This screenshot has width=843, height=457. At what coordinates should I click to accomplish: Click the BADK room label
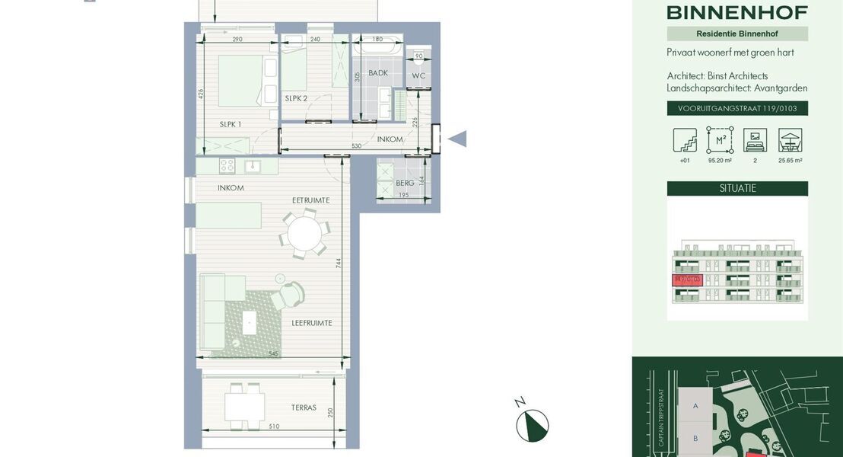[378, 73]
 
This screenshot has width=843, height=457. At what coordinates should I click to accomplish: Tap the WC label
[418, 76]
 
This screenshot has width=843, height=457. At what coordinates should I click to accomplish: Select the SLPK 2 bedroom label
[296, 98]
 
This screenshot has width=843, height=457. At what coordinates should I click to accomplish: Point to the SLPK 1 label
[231, 124]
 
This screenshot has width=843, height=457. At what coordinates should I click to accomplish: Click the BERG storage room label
[405, 183]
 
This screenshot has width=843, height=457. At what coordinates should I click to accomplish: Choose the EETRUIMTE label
[310, 200]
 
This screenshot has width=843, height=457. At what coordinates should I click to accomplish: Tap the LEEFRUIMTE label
[312, 323]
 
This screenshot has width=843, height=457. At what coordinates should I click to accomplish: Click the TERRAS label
[304, 407]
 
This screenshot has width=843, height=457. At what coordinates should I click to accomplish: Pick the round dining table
[304, 233]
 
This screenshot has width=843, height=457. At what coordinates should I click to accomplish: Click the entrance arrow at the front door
[456, 139]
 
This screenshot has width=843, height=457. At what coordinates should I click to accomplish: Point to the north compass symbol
[532, 424]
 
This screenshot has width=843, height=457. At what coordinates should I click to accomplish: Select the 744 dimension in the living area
[339, 263]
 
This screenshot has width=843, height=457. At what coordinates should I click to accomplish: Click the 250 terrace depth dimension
[330, 412]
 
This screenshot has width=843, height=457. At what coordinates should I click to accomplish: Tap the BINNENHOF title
[736, 12]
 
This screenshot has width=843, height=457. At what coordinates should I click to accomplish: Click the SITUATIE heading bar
[737, 188]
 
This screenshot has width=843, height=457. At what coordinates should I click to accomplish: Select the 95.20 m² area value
[720, 161]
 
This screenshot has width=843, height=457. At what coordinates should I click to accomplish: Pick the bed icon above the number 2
[755, 140]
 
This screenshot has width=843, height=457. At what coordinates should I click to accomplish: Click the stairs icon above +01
[685, 140]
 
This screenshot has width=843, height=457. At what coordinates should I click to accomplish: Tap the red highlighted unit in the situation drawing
[687, 280]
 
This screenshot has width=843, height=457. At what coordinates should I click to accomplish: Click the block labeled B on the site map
[695, 438]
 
